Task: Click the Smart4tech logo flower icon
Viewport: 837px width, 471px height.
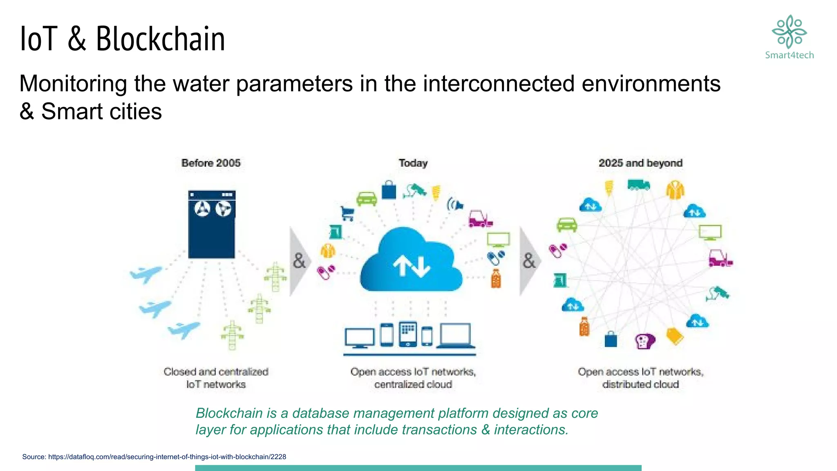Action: point(789,31)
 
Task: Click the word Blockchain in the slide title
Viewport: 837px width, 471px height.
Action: point(160,39)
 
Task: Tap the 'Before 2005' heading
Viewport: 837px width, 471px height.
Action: point(211,163)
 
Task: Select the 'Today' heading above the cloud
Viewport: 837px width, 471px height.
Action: point(413,163)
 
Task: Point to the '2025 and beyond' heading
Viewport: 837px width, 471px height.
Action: point(640,163)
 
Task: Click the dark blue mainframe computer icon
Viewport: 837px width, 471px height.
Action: point(212,224)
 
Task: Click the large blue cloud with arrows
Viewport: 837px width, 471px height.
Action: point(411,262)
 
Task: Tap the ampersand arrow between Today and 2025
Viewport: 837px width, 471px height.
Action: point(529,261)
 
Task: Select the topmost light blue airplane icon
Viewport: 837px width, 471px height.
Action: point(145,274)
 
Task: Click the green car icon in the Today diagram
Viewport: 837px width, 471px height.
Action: point(367,199)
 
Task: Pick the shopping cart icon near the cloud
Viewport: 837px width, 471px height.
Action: point(347,213)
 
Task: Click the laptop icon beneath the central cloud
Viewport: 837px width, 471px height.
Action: point(456,335)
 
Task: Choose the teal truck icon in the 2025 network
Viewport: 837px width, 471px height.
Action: point(638,185)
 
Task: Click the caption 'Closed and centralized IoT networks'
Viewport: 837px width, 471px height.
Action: point(216,378)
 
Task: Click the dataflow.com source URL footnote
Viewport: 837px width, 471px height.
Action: point(154,457)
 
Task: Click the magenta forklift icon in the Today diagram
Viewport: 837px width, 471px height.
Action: point(480,219)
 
